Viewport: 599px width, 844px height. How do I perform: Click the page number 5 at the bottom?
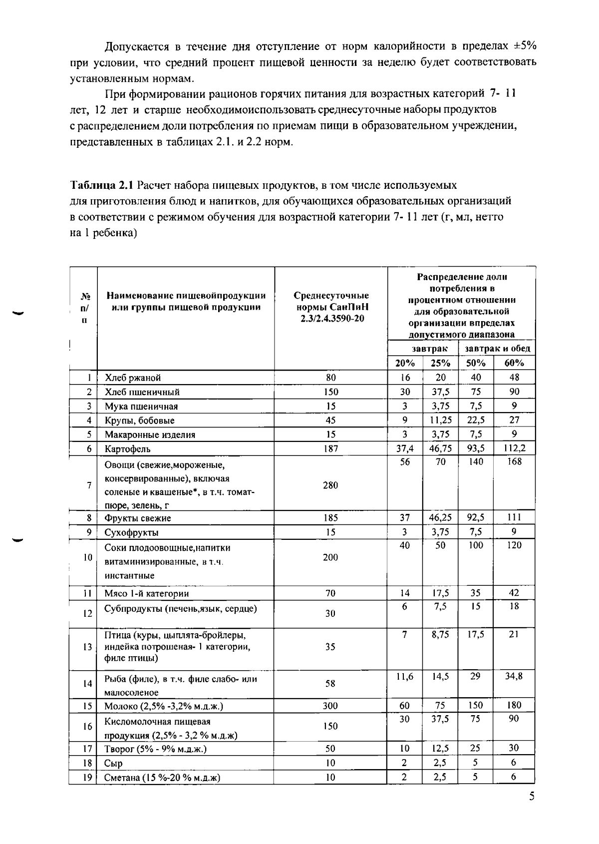[532, 796]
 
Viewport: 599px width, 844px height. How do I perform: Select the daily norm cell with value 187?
[330, 449]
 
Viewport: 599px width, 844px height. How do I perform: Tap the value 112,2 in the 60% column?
[514, 448]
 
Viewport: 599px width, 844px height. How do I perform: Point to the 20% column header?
[405, 363]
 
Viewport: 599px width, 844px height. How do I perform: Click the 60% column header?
[514, 363]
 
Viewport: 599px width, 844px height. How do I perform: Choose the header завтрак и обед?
[497, 349]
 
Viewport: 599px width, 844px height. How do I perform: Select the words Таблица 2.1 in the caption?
[102, 186]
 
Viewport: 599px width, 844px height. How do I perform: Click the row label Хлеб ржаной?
[133, 378]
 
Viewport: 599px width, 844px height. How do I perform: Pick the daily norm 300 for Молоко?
[330, 706]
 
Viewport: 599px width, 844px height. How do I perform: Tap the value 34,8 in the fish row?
[514, 676]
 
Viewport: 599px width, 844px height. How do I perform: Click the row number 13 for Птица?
[88, 647]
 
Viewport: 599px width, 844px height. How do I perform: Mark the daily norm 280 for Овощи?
[330, 485]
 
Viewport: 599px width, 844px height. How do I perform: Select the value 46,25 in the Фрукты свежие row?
[440, 517]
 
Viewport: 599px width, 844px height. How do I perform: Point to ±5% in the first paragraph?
[525, 46]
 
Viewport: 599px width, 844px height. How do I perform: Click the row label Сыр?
[113, 763]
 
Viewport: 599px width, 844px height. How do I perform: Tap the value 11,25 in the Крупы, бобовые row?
[440, 420]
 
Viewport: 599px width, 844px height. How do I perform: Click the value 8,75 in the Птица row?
[440, 634]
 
